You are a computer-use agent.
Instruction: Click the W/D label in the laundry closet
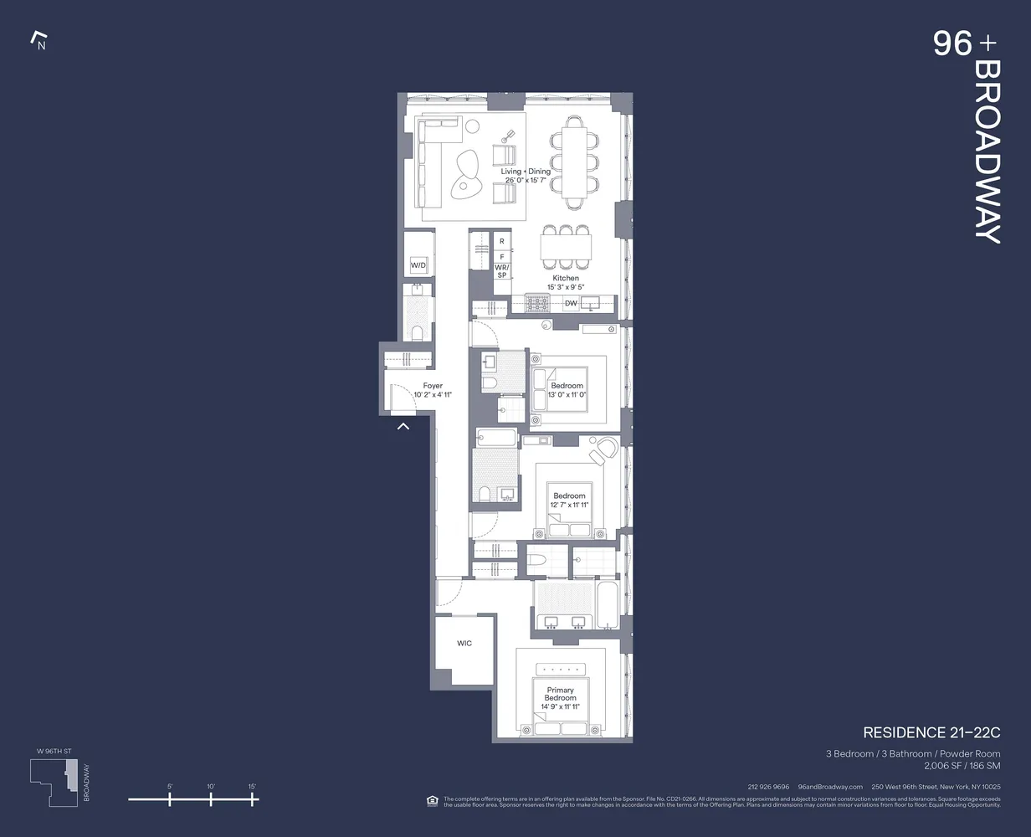[x=418, y=266]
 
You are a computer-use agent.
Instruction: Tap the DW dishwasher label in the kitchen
[x=571, y=303]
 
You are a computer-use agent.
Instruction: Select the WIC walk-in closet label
[x=464, y=643]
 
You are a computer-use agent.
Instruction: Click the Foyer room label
[x=433, y=386]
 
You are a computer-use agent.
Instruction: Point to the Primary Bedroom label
[x=560, y=694]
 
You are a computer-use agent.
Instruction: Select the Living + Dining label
[x=526, y=172]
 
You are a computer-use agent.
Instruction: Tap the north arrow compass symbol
[x=38, y=40]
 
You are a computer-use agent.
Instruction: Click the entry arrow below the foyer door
[x=403, y=427]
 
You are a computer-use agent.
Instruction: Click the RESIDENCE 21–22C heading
[x=931, y=732]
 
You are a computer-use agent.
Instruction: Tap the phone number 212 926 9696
[x=768, y=787]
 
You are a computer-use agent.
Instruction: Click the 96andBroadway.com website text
[x=830, y=787]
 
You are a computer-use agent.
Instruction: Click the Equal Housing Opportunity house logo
[x=432, y=801]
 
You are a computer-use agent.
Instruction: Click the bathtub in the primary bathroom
[x=608, y=604]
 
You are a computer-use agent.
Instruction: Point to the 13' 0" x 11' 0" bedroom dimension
[x=567, y=395]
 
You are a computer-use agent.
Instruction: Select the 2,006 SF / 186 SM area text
[x=962, y=766]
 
